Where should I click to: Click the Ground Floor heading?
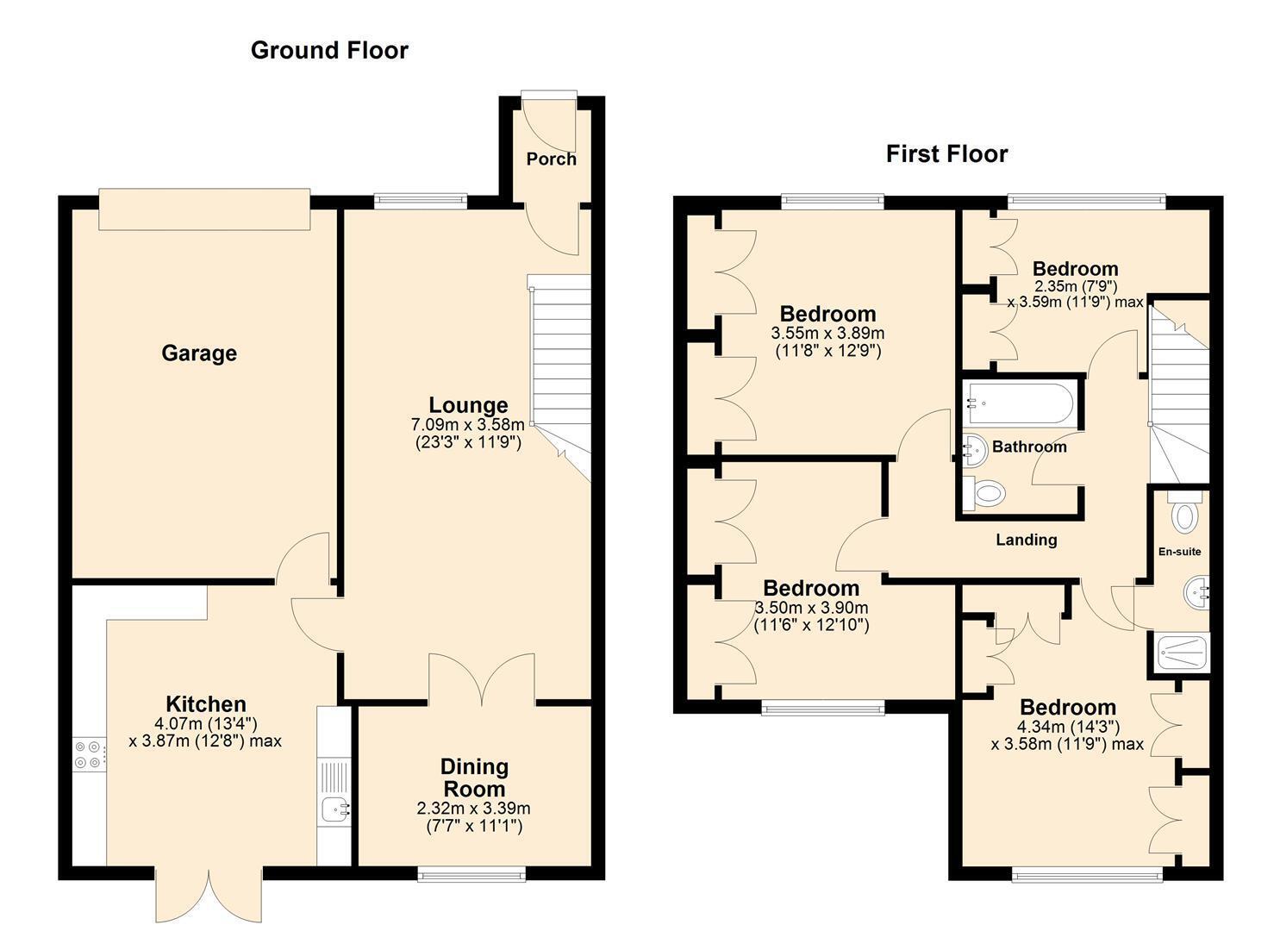click(x=329, y=50)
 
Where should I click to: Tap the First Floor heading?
click(x=947, y=153)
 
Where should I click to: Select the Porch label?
click(x=551, y=159)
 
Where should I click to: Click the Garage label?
click(x=199, y=353)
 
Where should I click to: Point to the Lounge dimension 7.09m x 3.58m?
click(x=467, y=425)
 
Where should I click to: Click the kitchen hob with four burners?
click(x=90, y=754)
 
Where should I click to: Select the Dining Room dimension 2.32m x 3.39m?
click(x=473, y=808)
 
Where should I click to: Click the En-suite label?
click(x=1179, y=552)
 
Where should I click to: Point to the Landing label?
click(x=1027, y=540)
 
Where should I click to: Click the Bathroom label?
click(x=1029, y=447)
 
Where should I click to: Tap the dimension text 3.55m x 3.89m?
click(x=828, y=333)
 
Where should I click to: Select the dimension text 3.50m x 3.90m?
click(x=811, y=607)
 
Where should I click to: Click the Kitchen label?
click(x=206, y=703)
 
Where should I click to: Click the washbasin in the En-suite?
click(x=1196, y=593)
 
